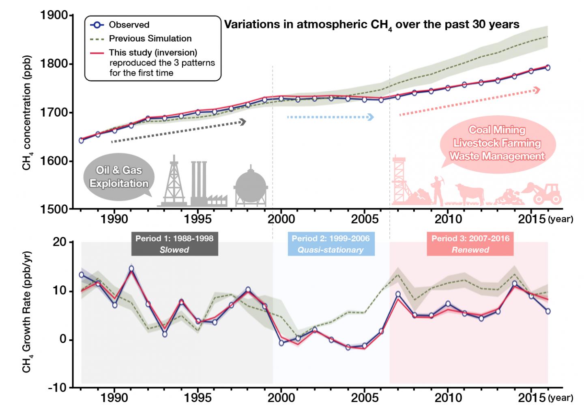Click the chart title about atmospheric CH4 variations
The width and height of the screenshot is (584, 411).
pyautogui.click(x=371, y=25)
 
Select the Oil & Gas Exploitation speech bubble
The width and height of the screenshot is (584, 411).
pyautogui.click(x=119, y=177)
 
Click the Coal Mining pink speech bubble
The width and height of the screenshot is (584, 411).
pyautogui.click(x=497, y=143)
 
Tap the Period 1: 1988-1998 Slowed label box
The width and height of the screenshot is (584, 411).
pyautogui.click(x=174, y=244)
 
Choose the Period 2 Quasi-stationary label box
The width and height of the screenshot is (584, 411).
pyautogui.click(x=331, y=244)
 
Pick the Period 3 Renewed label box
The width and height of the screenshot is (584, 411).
pyautogui.click(x=470, y=244)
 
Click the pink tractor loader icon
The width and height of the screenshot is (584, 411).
pyautogui.click(x=545, y=194)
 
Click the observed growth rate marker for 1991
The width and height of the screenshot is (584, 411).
pyautogui.click(x=131, y=268)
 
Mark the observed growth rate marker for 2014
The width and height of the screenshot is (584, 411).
pyautogui.click(x=515, y=283)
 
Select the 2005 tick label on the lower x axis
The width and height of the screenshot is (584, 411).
pyautogui.click(x=364, y=398)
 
